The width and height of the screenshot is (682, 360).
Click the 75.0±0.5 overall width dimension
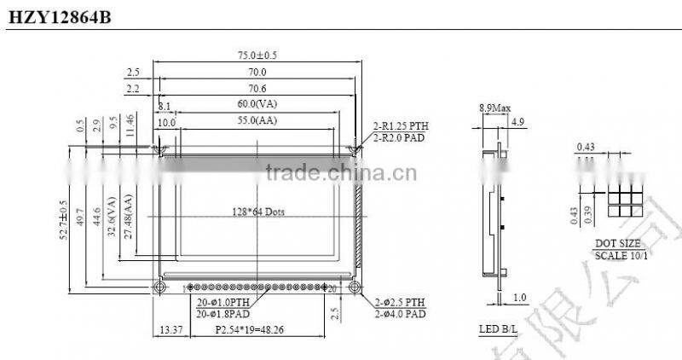pos(257,55)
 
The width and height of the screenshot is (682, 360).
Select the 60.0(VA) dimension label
pos(257,105)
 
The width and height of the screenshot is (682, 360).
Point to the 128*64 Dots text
pos(258,211)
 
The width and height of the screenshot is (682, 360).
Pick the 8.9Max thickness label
pos(494,108)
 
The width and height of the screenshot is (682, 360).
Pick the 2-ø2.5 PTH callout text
pos(400,303)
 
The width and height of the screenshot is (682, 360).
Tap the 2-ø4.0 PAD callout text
pos(400,314)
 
